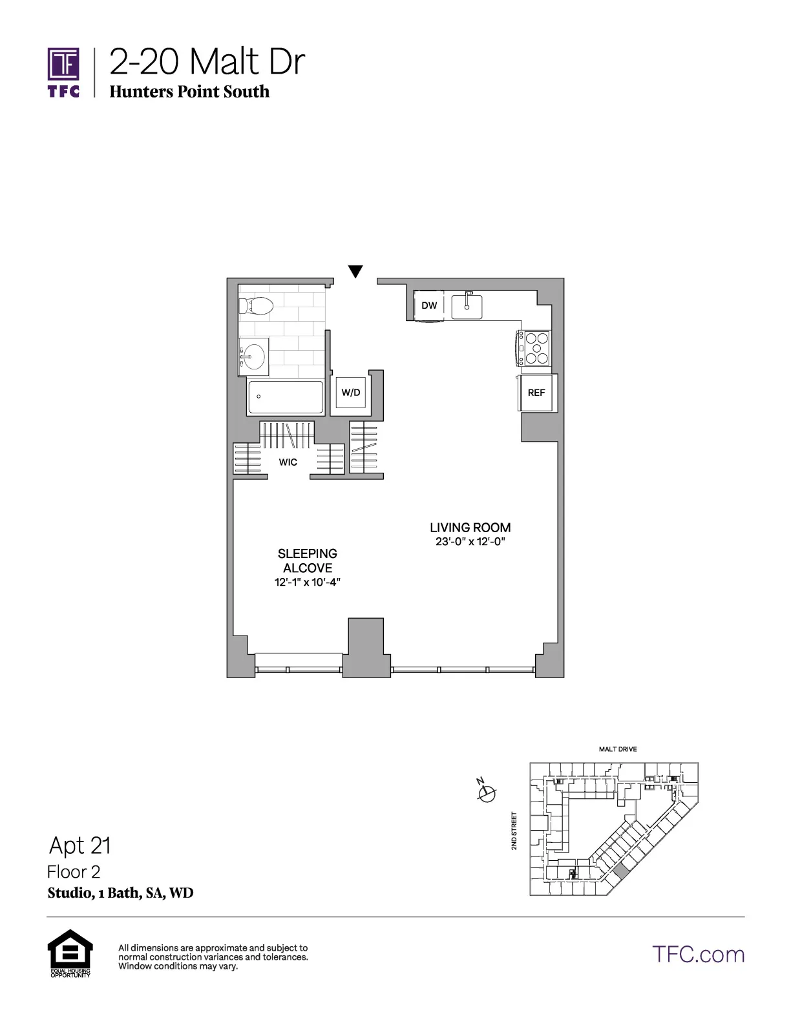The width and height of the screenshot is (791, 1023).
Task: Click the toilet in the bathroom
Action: point(257,305)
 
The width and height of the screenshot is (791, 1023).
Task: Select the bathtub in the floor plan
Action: point(285,397)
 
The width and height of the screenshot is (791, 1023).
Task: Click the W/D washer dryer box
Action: point(351,393)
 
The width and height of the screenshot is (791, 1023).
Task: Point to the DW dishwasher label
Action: point(429,305)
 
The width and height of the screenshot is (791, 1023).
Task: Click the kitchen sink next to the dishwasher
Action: point(467,306)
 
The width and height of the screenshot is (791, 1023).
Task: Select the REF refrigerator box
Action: point(536,393)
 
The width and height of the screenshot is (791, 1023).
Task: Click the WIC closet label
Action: point(288,462)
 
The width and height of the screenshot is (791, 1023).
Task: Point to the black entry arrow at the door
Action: point(355,271)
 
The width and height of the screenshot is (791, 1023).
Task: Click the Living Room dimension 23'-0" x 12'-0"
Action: point(470,542)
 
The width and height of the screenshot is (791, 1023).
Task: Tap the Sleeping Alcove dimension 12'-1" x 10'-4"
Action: point(308,583)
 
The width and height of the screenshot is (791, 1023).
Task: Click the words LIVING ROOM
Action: point(470,528)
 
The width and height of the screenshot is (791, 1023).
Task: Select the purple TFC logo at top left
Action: point(63,72)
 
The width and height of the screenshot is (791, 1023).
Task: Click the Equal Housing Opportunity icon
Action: point(70,953)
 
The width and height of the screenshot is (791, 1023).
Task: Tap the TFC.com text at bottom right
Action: point(698,955)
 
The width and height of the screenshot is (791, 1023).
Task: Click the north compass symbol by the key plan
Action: point(487,792)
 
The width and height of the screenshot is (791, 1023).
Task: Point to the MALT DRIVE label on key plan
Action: point(617,749)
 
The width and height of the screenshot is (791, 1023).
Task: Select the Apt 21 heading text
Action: point(80,845)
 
